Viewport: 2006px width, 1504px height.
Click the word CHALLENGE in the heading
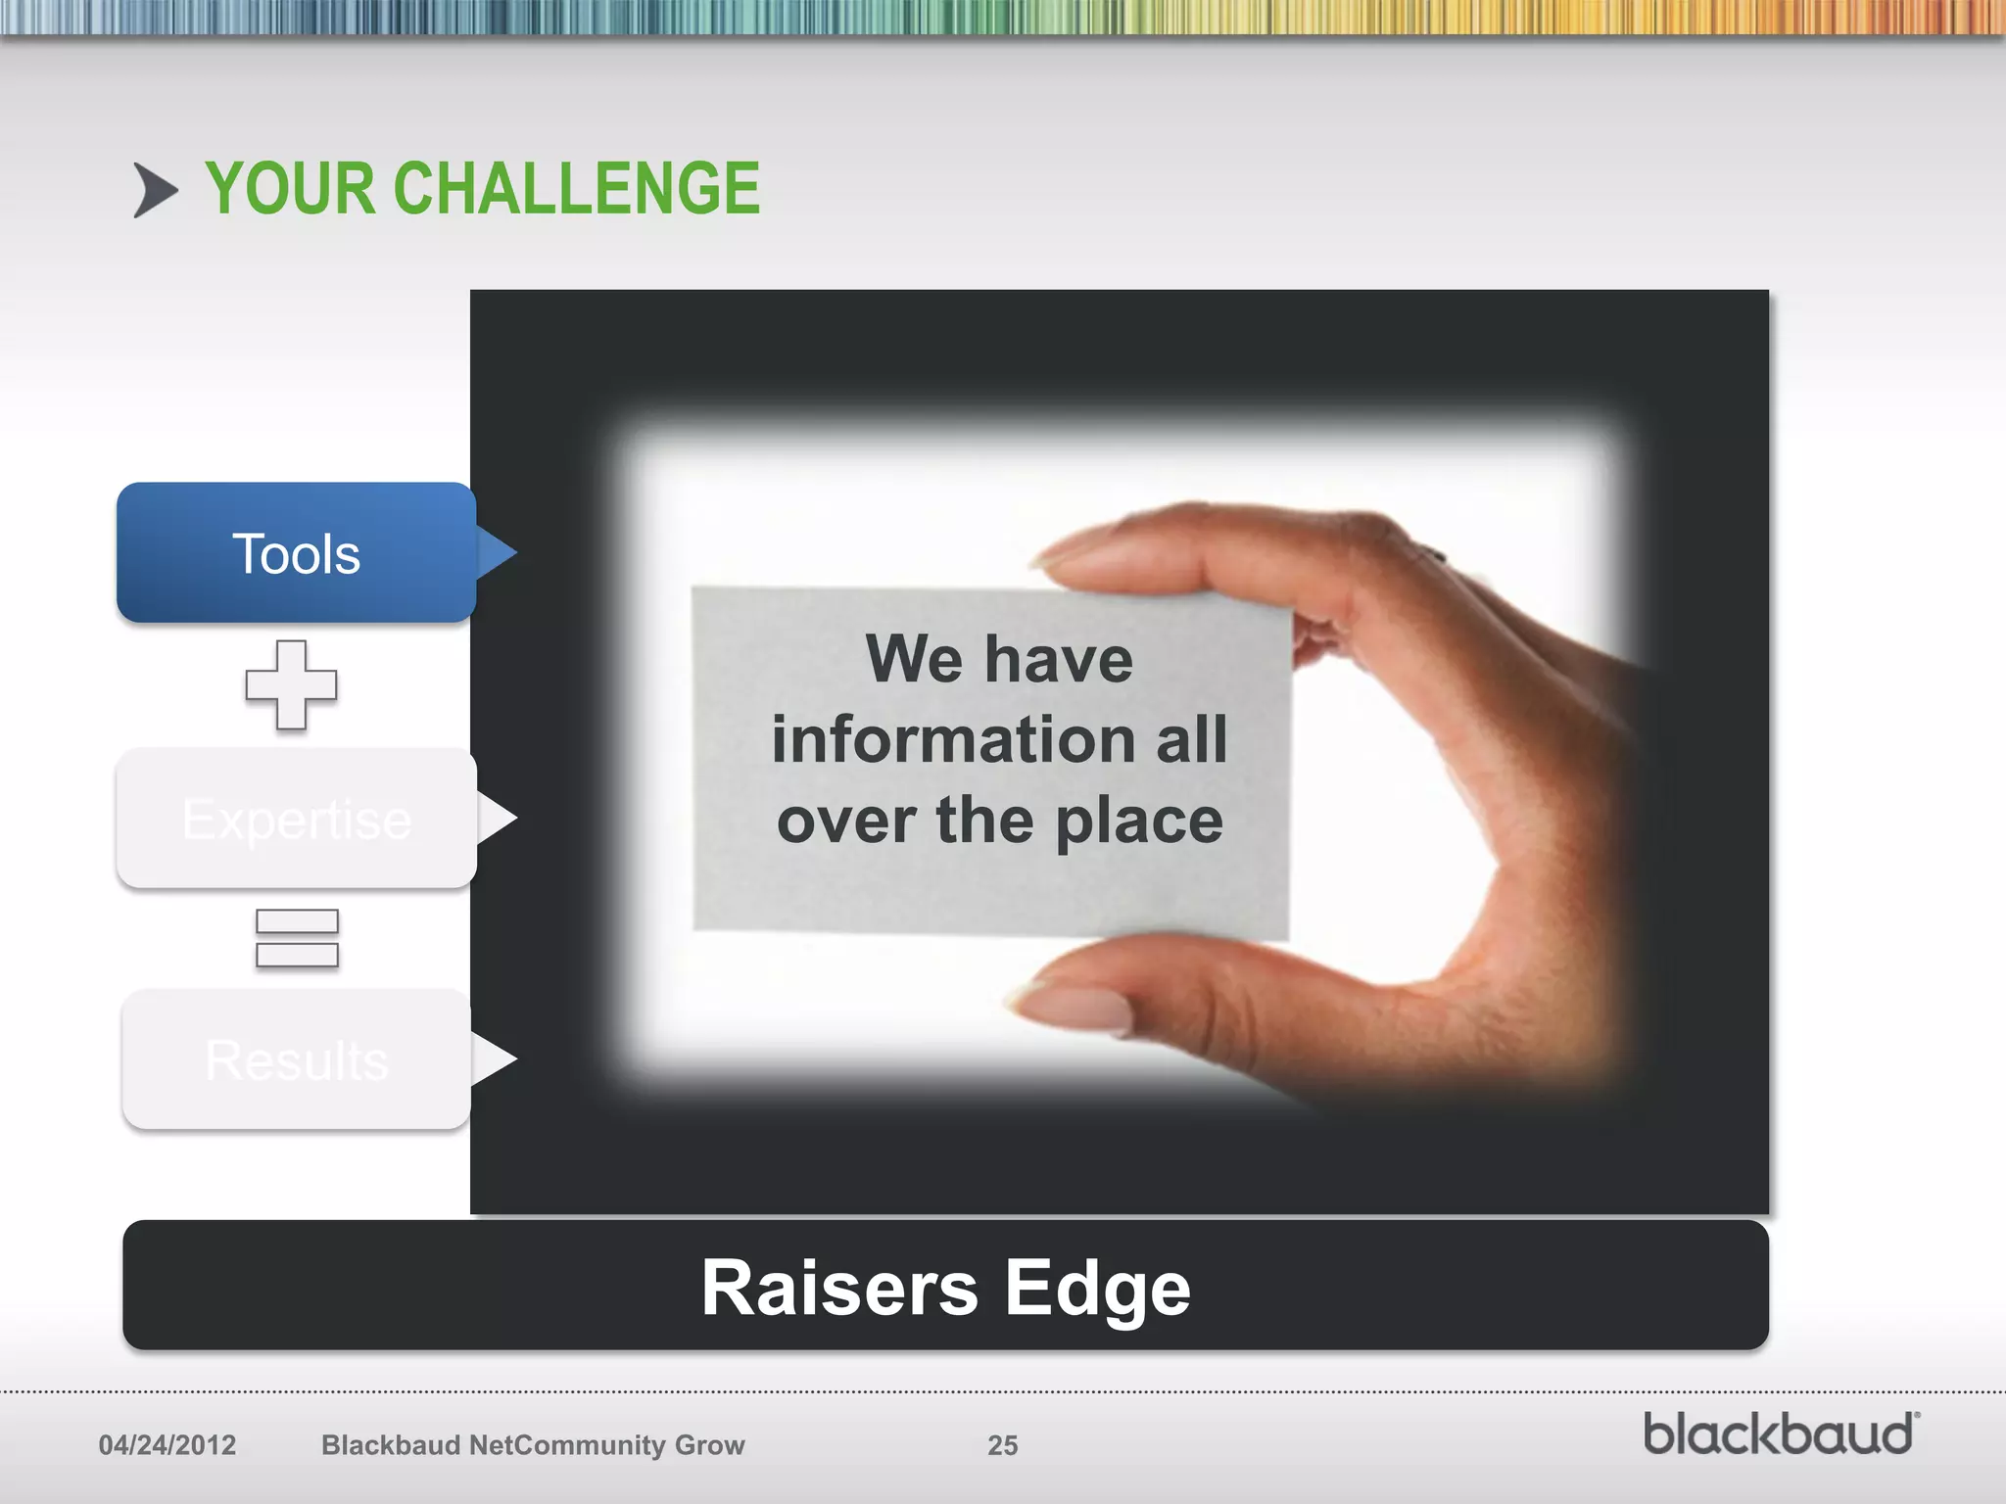click(577, 188)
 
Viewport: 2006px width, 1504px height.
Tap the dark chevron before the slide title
click(155, 190)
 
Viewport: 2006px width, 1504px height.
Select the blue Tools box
click(296, 553)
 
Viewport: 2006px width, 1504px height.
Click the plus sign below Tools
click(291, 685)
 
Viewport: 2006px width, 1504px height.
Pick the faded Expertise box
click(296, 819)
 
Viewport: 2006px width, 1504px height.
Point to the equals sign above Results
click(297, 938)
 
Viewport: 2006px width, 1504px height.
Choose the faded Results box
click(296, 1059)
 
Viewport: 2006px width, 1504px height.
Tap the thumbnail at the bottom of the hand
click(1077, 1009)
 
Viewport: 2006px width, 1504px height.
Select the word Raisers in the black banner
click(839, 1288)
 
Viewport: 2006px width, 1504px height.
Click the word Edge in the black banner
click(1097, 1290)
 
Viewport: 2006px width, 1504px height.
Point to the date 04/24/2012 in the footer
click(167, 1445)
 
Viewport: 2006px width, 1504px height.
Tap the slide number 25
click(1002, 1445)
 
